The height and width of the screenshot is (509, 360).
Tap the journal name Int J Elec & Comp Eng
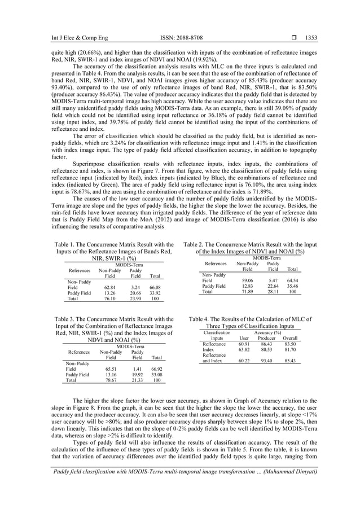[68, 38]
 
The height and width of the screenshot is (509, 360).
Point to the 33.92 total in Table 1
[155, 293]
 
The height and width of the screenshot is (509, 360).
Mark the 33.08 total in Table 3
[156, 374]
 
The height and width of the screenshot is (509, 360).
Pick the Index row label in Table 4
[208, 349]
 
